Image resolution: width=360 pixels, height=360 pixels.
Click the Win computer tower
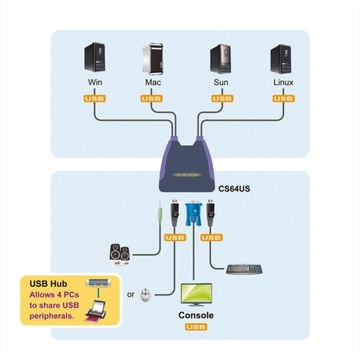coord(92,58)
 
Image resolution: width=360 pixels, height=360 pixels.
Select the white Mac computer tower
coord(153,58)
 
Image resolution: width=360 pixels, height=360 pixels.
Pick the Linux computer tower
coord(280,58)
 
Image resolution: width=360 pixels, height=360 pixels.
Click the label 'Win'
coord(92,86)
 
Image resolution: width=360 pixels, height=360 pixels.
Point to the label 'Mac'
coord(152,86)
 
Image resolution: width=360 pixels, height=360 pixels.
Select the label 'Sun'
coord(219,86)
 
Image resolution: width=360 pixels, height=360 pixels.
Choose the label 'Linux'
coord(281,86)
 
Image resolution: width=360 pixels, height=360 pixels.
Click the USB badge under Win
coord(92,100)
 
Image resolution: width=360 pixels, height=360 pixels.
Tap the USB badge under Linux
coord(281,100)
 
